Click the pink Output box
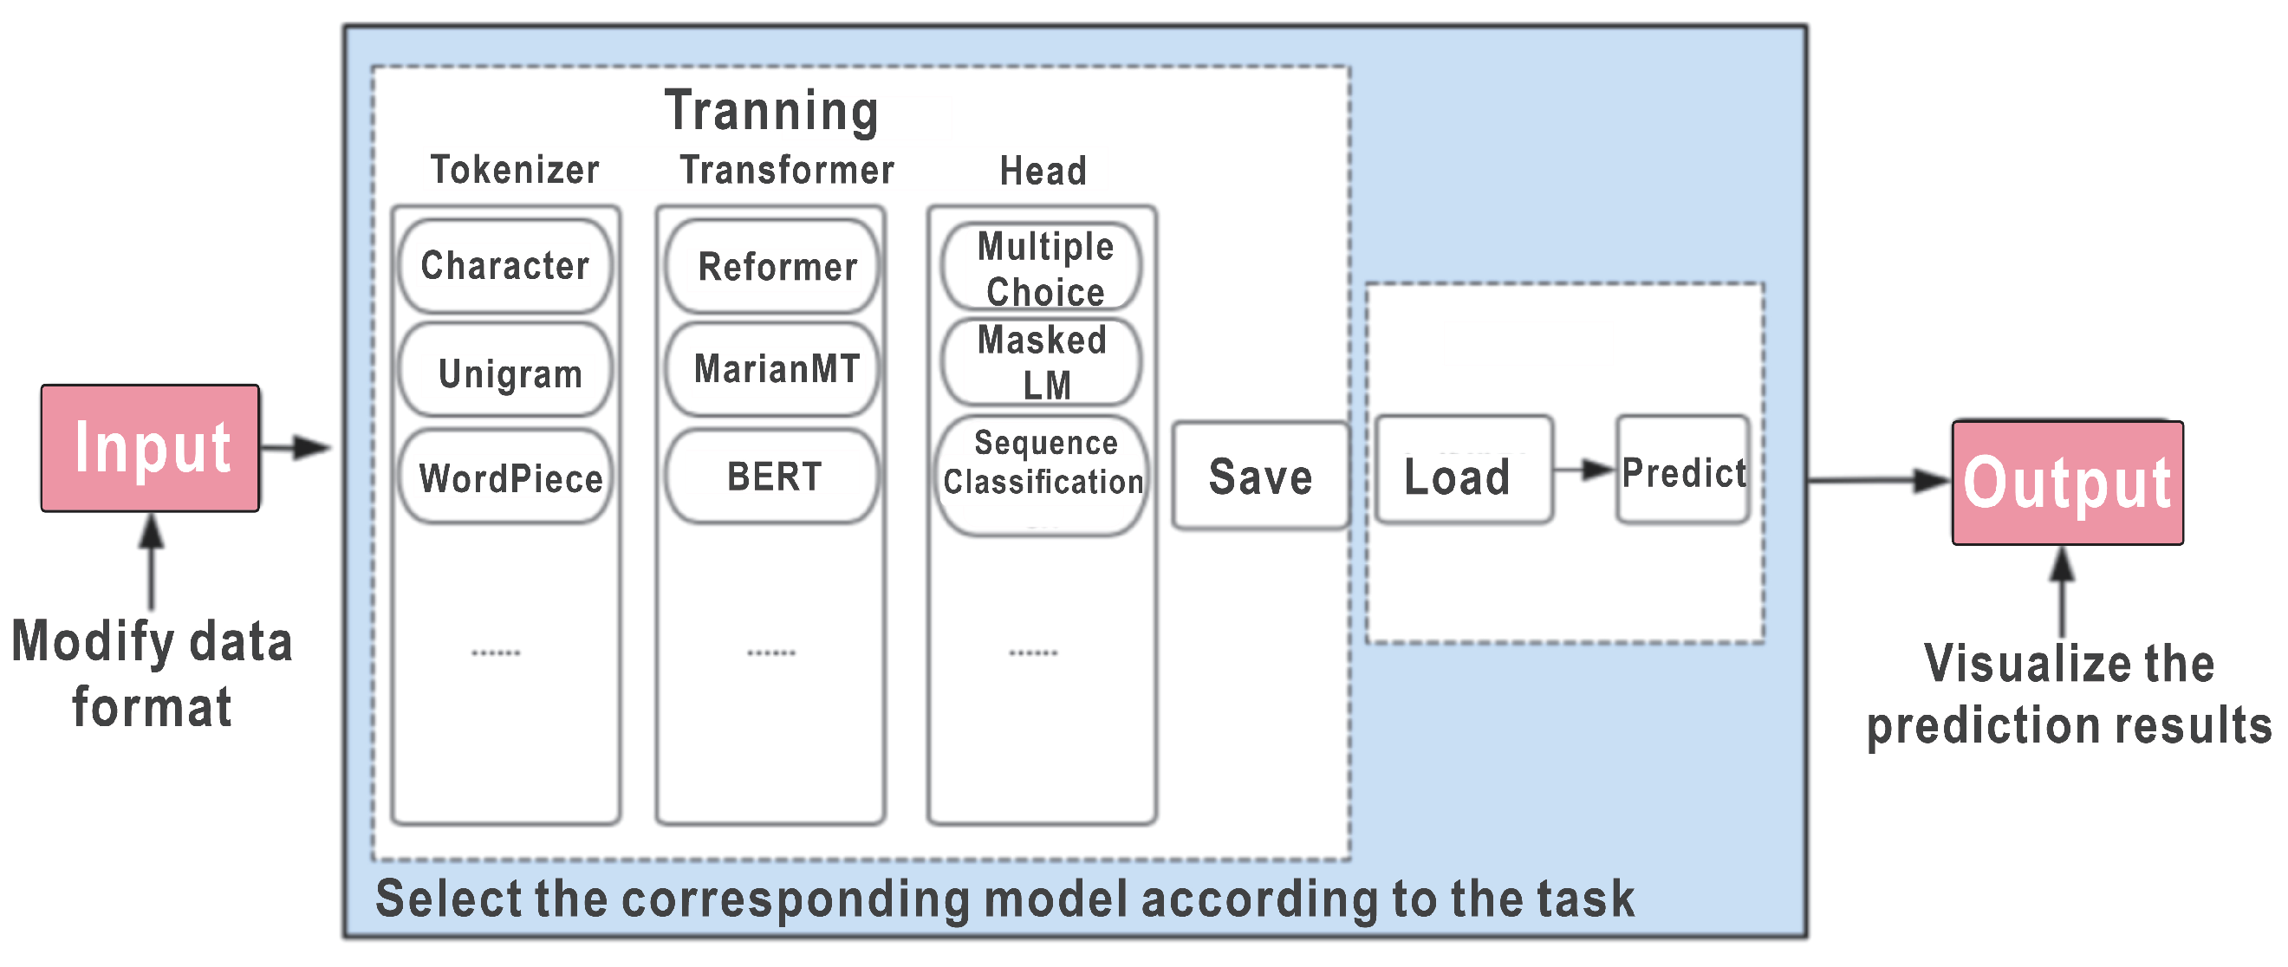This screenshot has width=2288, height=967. [2066, 482]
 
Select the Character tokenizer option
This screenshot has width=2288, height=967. [504, 265]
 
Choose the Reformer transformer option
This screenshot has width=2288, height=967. [771, 266]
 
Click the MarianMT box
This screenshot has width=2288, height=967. [771, 369]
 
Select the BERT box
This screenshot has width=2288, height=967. [771, 477]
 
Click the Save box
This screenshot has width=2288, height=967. [1259, 476]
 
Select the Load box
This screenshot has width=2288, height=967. [1463, 471]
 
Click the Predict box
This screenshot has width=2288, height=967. [1682, 471]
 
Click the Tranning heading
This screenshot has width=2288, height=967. [771, 111]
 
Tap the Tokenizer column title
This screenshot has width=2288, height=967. [514, 170]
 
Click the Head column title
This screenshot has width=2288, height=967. [1043, 171]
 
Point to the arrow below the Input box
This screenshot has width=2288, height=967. [152, 560]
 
